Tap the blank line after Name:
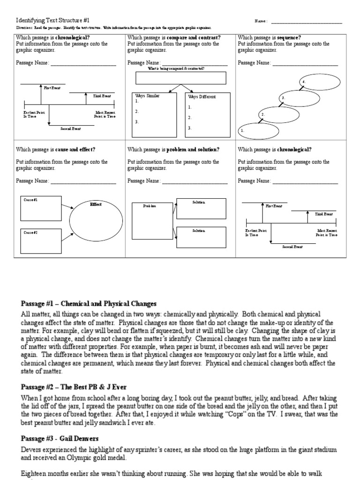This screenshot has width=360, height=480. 307,22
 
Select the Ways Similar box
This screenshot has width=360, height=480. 154,115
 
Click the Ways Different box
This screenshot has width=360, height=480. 208,115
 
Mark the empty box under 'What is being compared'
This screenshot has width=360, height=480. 180,77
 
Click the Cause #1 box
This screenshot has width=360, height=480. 41,208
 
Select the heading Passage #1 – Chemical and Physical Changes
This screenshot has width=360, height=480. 89,304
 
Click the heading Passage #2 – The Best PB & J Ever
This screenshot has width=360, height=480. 68,387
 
